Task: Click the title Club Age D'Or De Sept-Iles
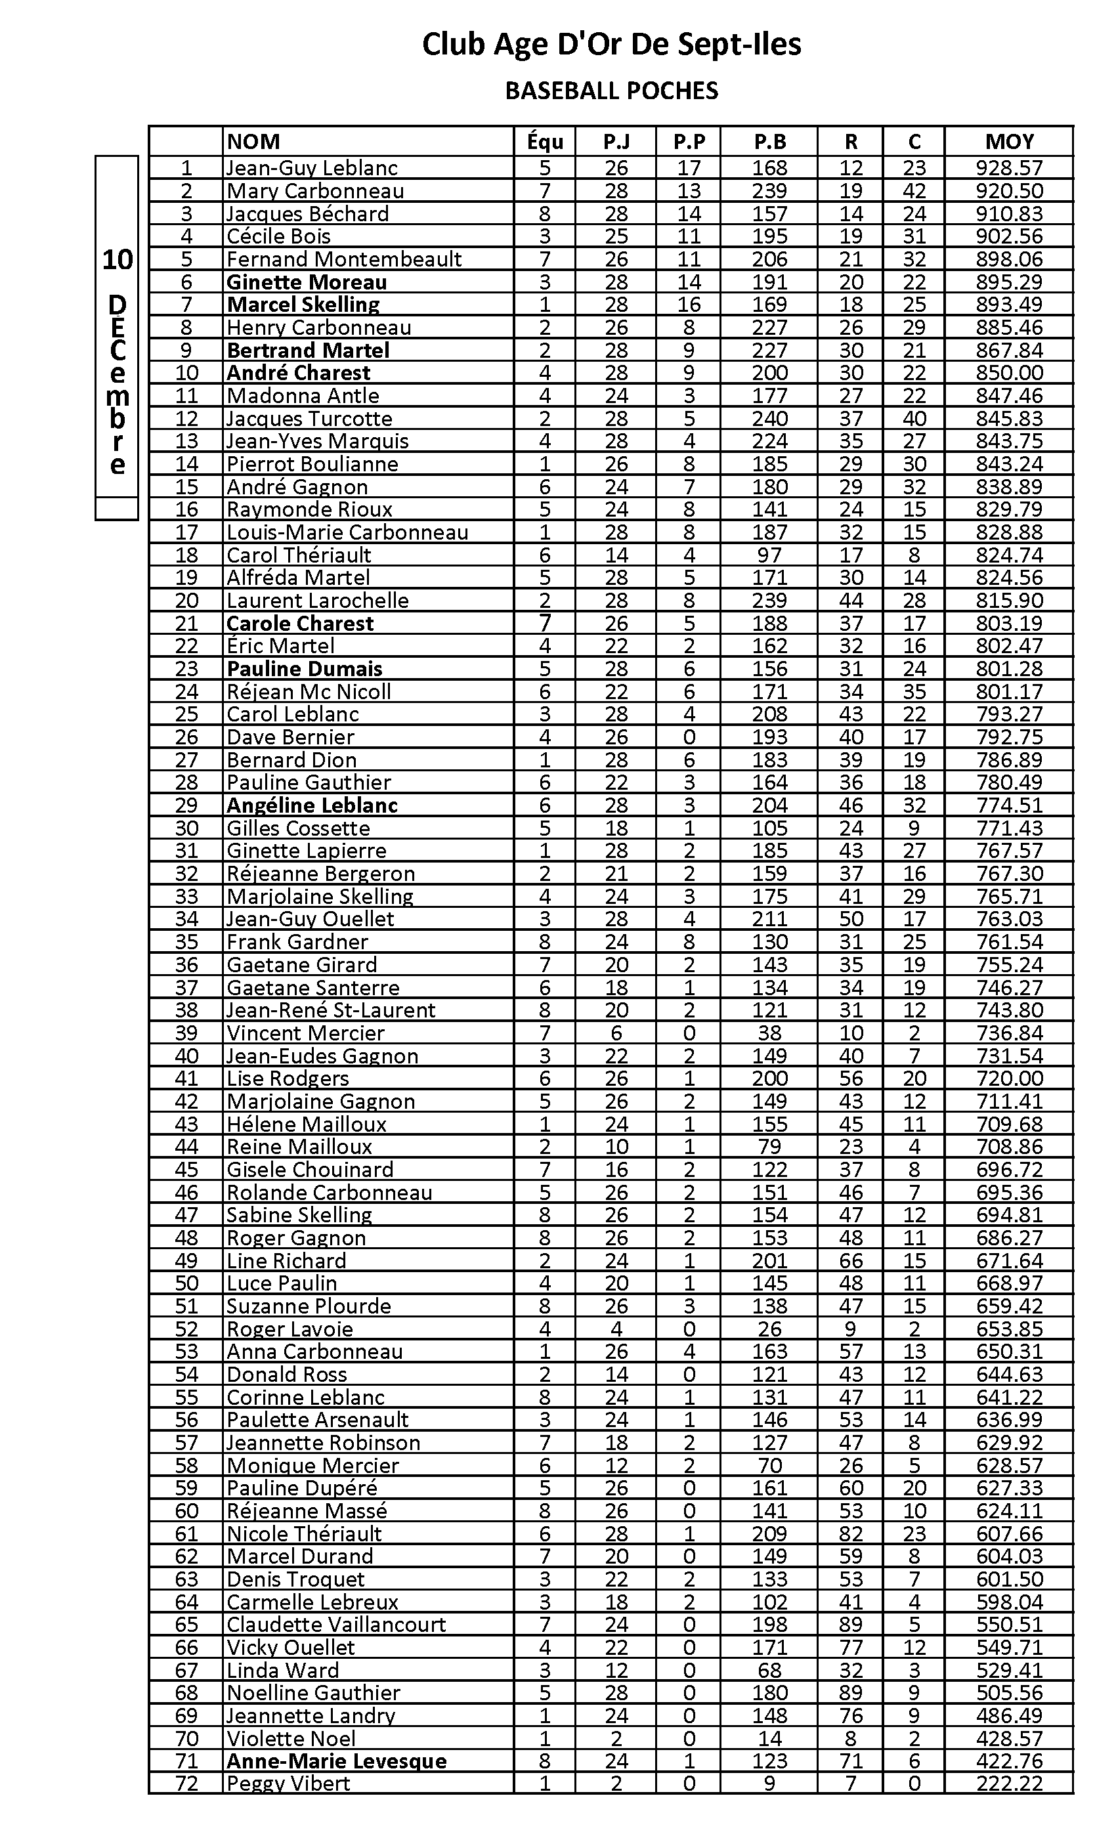tap(611, 45)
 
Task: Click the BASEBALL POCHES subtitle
tap(611, 91)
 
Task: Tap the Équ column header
tap(545, 142)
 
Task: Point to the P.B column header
tap(769, 142)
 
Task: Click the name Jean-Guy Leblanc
tap(312, 168)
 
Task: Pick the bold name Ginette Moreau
tap(307, 282)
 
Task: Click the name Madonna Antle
tap(303, 396)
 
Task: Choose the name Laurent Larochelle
tap(318, 601)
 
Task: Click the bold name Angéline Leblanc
tap(312, 805)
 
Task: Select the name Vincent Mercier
tap(305, 1033)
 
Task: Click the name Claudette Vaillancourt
tap(335, 1625)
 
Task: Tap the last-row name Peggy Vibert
tap(288, 1784)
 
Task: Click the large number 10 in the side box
tap(117, 261)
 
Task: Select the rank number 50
tap(186, 1283)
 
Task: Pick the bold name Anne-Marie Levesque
tap(336, 1761)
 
